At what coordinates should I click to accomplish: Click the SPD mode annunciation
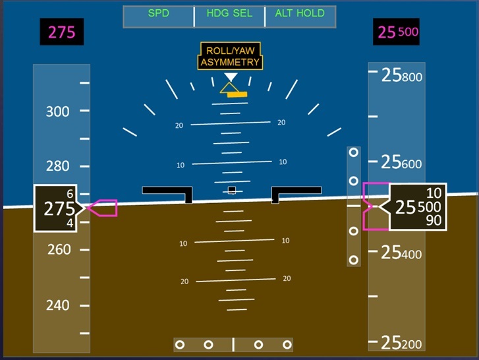pyautogui.click(x=158, y=13)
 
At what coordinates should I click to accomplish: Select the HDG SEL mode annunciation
pyautogui.click(x=229, y=13)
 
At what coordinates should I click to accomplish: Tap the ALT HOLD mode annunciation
pyautogui.click(x=300, y=13)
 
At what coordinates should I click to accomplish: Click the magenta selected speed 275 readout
pyautogui.click(x=62, y=32)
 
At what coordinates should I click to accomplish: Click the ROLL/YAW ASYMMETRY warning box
pyautogui.click(x=230, y=57)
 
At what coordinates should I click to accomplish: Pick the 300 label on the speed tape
pyautogui.click(x=57, y=111)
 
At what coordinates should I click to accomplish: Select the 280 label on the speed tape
pyautogui.click(x=57, y=166)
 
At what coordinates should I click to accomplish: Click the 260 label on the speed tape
pyautogui.click(x=57, y=250)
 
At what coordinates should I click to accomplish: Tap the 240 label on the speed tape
pyautogui.click(x=57, y=305)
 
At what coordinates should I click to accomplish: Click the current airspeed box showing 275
pyautogui.click(x=57, y=208)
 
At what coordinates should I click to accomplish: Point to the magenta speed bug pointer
pyautogui.click(x=104, y=208)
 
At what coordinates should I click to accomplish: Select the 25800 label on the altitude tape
pyautogui.click(x=402, y=76)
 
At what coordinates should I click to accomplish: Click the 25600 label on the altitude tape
pyautogui.click(x=402, y=162)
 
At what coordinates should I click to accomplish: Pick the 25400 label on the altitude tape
pyautogui.click(x=402, y=252)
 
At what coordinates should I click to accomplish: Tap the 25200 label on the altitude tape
pyautogui.click(x=402, y=342)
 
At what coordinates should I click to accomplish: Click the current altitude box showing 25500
pyautogui.click(x=418, y=207)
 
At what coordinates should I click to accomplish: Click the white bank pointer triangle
pyautogui.click(x=230, y=78)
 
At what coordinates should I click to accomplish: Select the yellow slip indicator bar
pyautogui.click(x=237, y=94)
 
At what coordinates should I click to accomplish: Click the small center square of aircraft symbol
pyautogui.click(x=231, y=191)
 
